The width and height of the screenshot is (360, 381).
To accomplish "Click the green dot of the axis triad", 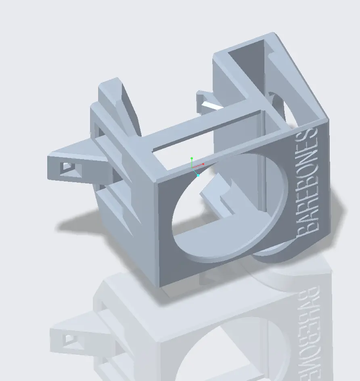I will point(192,158).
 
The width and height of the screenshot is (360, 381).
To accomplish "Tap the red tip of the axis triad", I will point(203,164).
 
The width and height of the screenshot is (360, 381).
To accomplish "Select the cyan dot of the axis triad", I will point(198,175).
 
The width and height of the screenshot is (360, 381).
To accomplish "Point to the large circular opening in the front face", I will point(226,210).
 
